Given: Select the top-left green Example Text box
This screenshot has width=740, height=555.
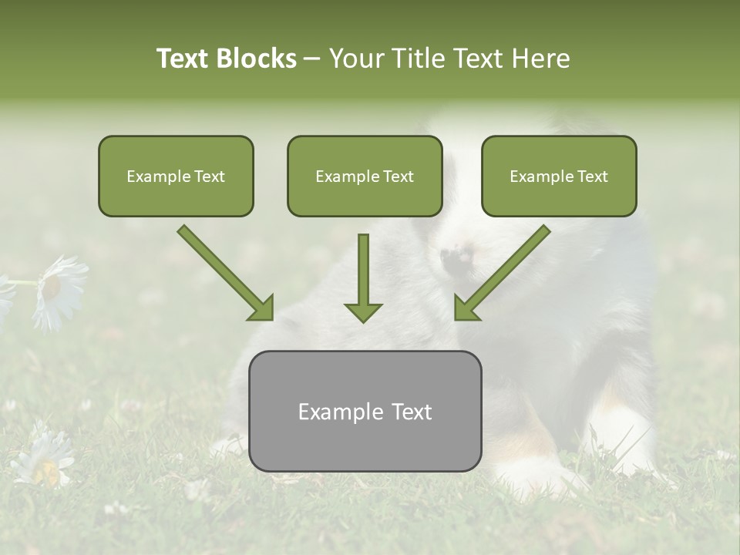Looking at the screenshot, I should pos(176,176).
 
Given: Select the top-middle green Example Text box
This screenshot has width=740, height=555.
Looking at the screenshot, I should pos(365,176).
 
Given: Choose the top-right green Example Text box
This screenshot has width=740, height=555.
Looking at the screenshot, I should pos(559,176).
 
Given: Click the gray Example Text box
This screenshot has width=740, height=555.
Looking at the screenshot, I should pos(365,411).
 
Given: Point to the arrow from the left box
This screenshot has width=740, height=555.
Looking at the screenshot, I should pos(225,273).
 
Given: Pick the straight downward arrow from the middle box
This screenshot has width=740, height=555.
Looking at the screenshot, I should pos(363,278).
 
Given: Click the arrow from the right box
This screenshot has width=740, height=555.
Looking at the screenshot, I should pos(503,273).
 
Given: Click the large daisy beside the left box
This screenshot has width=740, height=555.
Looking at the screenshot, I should pos(59,291).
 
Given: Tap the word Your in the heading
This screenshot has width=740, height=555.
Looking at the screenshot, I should pos(356,59).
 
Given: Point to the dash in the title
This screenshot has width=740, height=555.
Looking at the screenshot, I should pos(312,59).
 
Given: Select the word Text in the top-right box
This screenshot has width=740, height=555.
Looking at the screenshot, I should pos(592,177).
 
